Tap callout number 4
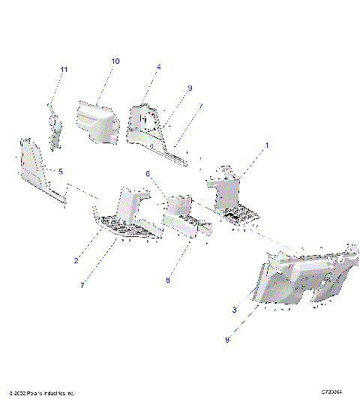click(159, 67)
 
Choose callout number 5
click(61, 172)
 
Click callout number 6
click(148, 173)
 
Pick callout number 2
click(76, 260)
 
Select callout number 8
click(168, 280)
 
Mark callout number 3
click(235, 310)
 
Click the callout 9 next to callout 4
click(190, 88)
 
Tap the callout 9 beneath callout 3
click(227, 339)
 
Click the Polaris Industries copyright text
click(42, 393)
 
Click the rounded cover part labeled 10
click(97, 120)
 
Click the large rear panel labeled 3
click(300, 281)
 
